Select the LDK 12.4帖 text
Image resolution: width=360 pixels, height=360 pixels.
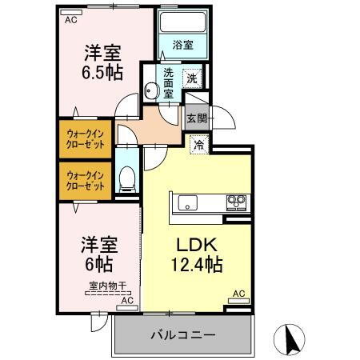tap(194, 254)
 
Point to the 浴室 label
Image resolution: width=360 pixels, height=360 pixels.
tap(182, 46)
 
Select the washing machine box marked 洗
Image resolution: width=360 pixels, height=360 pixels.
tap(192, 78)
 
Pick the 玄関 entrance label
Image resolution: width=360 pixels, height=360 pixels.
tap(196, 118)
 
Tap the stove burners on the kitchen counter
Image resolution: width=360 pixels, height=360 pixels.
tap(236, 201)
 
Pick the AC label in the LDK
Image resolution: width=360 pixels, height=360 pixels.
tap(237, 294)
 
